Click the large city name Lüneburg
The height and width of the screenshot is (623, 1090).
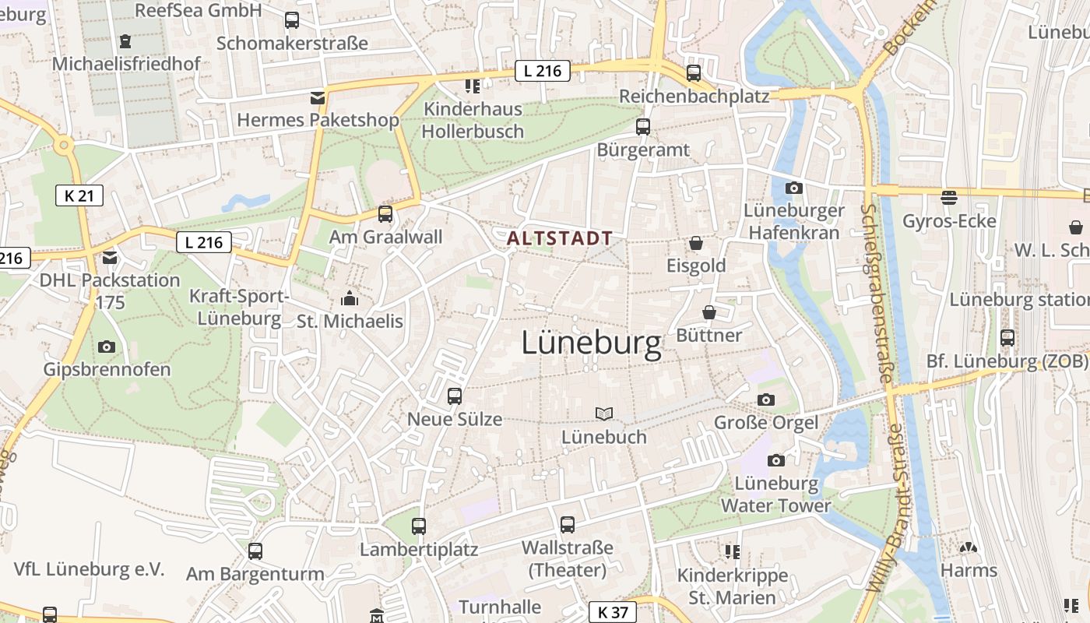(591, 343)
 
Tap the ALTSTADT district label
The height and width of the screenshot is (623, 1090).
(559, 238)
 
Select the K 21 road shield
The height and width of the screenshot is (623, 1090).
(79, 195)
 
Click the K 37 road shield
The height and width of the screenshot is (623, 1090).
(613, 612)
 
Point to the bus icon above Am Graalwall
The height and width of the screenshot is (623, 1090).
(385, 213)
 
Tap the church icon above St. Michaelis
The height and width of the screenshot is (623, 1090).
(349, 298)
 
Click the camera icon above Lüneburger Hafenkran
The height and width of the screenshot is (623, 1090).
(794, 188)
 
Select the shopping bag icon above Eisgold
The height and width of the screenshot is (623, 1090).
(695, 244)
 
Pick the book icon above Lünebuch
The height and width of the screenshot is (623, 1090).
(604, 414)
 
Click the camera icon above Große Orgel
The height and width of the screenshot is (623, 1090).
(766, 399)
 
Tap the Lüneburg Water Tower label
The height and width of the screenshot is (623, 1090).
(775, 495)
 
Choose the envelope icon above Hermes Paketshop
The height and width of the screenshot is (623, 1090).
(317, 97)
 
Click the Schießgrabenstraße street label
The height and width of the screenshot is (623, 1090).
(876, 292)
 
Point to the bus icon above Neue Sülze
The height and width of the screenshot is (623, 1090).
(455, 396)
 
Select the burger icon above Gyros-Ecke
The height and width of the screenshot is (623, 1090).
(948, 198)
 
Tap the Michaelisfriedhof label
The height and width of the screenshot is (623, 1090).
(126, 64)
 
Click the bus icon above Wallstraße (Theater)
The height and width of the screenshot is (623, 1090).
(567, 524)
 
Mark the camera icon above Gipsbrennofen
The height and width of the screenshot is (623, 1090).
(107, 347)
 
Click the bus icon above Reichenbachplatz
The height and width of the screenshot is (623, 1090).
(693, 73)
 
